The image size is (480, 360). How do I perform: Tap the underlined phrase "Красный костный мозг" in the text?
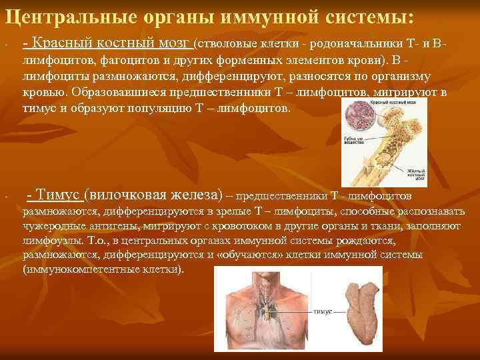click(x=107, y=44)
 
